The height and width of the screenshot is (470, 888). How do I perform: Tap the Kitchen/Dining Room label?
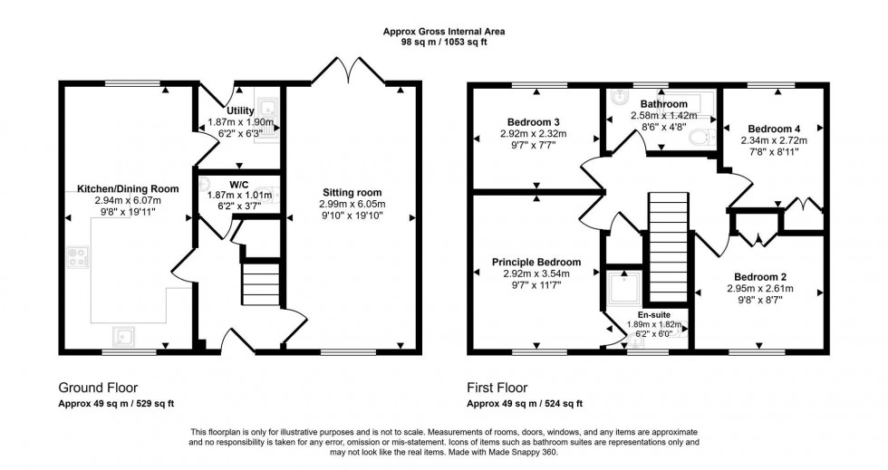pos(128,187)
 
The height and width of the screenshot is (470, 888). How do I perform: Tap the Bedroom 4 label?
pos(773,129)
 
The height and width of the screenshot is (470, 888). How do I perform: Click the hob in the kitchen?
pos(73,258)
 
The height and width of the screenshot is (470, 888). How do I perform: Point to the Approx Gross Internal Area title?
pos(444,31)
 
